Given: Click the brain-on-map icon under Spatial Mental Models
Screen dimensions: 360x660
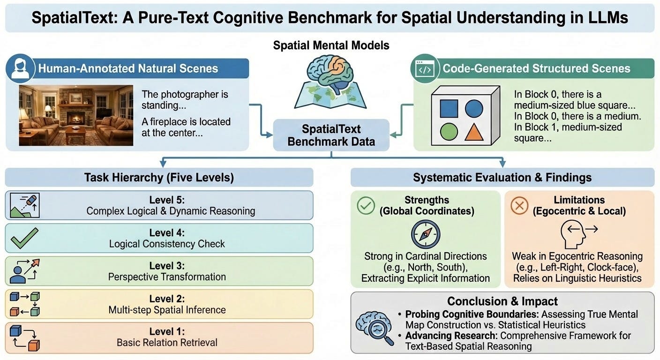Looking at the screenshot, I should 331,82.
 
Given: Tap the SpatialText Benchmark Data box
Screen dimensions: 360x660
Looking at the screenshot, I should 331,135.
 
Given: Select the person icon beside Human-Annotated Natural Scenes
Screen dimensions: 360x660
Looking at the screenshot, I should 20,68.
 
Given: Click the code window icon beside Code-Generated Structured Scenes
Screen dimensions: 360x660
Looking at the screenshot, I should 424,69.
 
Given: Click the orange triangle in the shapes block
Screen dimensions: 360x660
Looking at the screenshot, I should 474,132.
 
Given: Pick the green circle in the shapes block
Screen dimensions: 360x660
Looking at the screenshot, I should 449,132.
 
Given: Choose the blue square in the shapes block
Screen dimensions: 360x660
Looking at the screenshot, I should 449,108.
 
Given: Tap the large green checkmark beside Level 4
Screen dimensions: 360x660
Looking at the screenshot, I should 24,239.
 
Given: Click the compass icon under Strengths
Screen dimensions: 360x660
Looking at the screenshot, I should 425,235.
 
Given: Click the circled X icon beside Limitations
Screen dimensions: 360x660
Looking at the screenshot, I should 519,205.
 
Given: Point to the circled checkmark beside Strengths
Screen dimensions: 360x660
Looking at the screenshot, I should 366,205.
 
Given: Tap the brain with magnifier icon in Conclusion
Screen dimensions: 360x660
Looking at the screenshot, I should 374,323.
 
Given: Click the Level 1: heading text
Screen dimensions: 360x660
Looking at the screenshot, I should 167,331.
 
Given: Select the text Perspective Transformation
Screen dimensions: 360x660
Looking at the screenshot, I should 167,277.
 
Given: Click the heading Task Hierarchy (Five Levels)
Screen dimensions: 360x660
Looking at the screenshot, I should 159,178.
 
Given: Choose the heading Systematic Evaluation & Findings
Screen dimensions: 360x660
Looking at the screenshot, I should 502,178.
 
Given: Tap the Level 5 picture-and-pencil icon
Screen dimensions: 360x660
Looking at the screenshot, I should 24,205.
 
